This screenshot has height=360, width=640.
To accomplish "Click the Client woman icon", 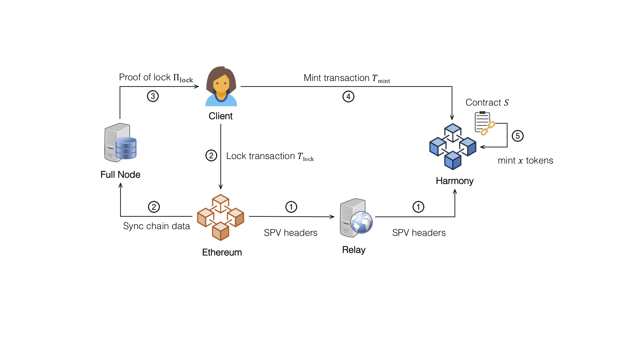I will [x=221, y=86].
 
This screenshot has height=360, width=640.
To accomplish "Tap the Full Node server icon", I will [x=120, y=142].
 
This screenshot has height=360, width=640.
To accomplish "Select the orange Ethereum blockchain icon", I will [x=220, y=217].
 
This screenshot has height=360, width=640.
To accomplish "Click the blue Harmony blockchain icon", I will [x=452, y=147].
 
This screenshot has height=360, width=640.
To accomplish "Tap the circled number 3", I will [x=153, y=96].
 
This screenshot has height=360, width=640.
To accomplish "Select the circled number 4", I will [x=348, y=96].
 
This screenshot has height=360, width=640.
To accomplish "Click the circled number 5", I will [x=517, y=136].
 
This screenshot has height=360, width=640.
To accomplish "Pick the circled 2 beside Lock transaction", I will [x=211, y=156].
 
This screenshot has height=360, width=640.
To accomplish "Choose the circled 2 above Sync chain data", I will [x=154, y=207].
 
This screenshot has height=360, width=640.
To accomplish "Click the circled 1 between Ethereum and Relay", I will [x=291, y=207].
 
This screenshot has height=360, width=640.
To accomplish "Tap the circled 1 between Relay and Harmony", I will [x=418, y=207].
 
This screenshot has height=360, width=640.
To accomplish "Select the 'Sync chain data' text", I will [x=156, y=226].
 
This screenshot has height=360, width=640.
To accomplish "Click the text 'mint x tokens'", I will [x=525, y=160].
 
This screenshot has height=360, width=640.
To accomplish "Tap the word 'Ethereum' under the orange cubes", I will [x=222, y=252].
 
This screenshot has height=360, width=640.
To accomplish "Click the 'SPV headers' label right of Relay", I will [x=419, y=233].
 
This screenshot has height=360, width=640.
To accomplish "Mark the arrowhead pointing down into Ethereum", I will [x=220, y=187].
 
